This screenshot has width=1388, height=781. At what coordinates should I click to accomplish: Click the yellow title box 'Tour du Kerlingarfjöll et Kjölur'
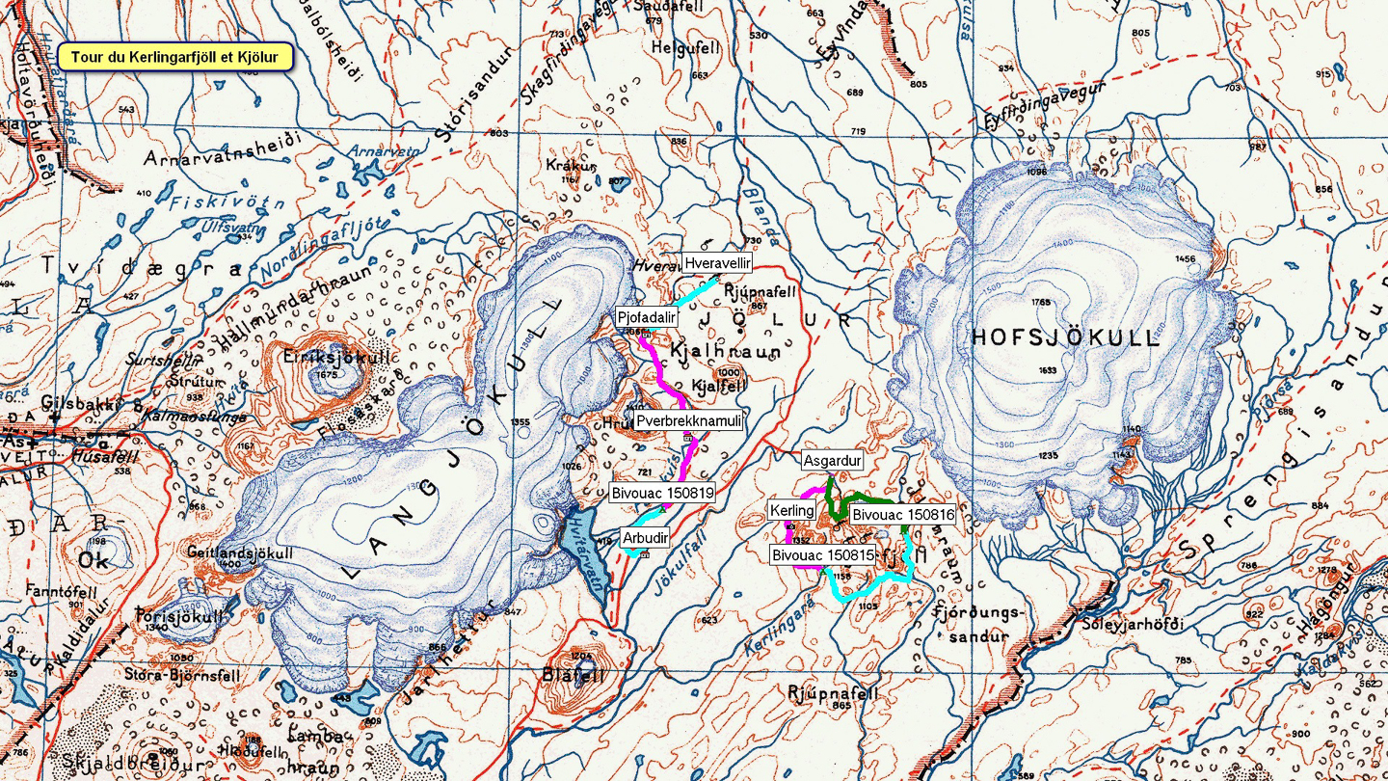(174, 57)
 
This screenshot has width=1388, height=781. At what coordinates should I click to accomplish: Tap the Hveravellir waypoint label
(717, 262)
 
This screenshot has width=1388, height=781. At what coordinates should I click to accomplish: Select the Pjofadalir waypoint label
(648, 317)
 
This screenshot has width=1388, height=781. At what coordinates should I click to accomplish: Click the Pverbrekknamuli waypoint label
(689, 421)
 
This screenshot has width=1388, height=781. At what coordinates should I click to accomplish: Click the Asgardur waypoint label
(832, 461)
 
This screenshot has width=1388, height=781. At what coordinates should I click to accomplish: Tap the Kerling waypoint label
(792, 509)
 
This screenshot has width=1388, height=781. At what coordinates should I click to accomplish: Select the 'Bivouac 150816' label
(902, 515)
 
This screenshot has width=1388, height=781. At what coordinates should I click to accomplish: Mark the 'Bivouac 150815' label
(822, 554)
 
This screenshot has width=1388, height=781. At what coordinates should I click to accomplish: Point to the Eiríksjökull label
(323, 357)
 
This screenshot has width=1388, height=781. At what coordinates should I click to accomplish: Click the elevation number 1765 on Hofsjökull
(1040, 303)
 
